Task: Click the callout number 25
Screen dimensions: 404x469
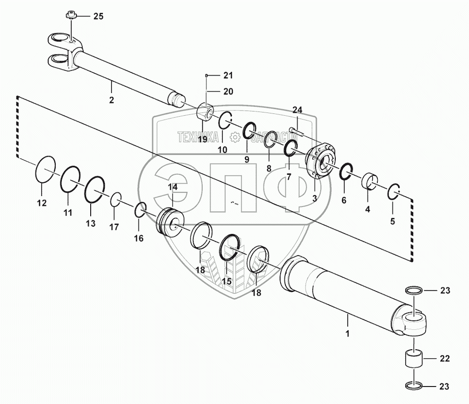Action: (x=98, y=17)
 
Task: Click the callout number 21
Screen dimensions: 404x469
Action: (x=228, y=76)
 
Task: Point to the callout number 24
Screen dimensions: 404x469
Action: (x=297, y=110)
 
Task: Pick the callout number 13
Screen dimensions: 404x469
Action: (x=90, y=223)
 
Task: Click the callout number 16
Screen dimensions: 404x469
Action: (x=138, y=238)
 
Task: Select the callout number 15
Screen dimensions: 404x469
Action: (x=227, y=281)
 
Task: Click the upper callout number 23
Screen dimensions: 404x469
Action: (x=445, y=291)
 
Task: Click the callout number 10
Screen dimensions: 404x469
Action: (x=222, y=150)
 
